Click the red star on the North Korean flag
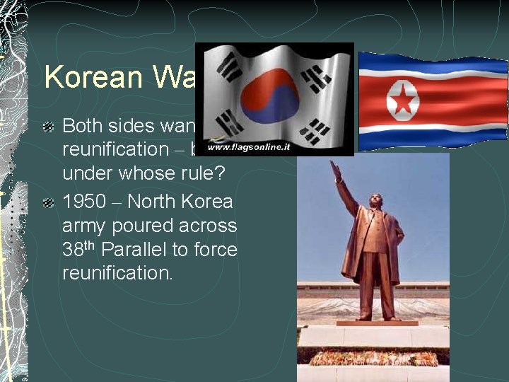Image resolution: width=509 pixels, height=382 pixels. click(402, 100)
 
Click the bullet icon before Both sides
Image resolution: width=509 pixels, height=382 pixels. click(47, 127)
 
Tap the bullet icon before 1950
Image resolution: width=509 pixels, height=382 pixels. click(47, 203)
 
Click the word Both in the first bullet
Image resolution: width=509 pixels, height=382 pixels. click(83, 126)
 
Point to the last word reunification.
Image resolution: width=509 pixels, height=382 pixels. click(117, 274)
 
